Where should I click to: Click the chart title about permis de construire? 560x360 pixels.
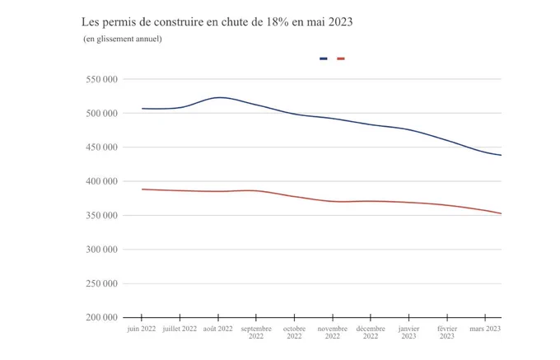(217, 22)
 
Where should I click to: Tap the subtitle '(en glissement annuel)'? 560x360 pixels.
(123, 39)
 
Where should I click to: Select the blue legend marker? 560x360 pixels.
(324, 58)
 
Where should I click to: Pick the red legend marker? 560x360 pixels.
(341, 58)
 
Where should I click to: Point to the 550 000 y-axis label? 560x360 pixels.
(101, 79)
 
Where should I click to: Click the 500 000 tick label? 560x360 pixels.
(101, 113)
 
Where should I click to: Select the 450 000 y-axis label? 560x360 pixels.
(101, 147)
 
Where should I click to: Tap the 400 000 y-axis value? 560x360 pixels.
(101, 181)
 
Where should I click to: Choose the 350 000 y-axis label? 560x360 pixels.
(101, 215)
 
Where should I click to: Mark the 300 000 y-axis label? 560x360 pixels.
(101, 250)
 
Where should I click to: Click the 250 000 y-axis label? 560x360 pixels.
(101, 283)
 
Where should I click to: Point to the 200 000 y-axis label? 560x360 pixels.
(101, 317)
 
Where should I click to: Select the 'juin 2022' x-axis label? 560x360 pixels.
(142, 329)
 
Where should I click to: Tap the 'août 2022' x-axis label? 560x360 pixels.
(218, 329)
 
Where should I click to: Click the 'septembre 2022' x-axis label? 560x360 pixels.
(256, 332)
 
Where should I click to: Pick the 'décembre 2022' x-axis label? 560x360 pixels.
(371, 332)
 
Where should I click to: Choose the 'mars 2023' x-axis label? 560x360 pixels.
(485, 329)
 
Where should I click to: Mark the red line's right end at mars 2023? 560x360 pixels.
(501, 213)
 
